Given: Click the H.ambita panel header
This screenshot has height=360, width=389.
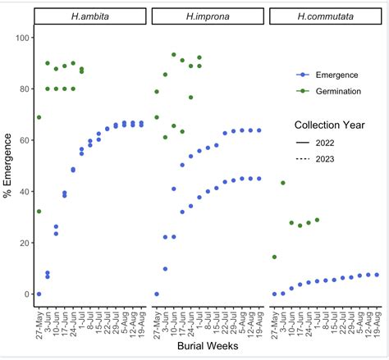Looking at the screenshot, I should tap(91, 16).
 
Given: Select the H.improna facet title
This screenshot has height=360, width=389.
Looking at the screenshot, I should tap(208, 16).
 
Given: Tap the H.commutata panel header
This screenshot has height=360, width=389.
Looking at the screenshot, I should tap(326, 16).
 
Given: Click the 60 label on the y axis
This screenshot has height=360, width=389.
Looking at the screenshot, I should tap(24, 141).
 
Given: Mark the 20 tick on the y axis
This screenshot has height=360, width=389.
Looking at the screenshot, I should tap(24, 243).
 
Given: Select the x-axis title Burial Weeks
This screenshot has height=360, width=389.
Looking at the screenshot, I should tap(208, 348).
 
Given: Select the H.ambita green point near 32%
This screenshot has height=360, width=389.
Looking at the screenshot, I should tap(39, 212).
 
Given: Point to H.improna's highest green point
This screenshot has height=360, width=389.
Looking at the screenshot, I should tap(174, 55).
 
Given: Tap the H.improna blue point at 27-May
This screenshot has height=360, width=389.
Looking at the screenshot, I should tap(157, 294).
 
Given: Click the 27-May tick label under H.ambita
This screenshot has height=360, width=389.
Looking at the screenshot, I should tap(39, 317).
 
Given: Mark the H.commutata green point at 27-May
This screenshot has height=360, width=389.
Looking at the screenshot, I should tap(274, 257).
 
